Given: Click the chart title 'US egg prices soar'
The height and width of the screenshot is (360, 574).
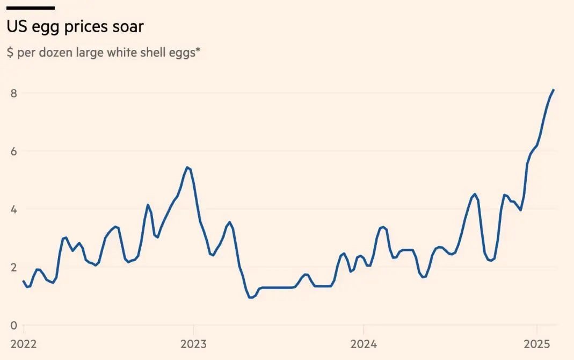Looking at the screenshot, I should point(75,26).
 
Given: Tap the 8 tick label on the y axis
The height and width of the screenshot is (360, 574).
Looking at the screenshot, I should point(13,93).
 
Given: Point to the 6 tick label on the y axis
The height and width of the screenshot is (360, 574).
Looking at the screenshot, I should point(13,151).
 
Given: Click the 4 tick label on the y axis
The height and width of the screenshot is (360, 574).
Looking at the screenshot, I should point(13,209).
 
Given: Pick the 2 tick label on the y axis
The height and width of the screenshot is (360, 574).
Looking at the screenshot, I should point(13,267).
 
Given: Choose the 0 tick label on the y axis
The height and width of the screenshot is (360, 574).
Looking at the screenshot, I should point(13,325).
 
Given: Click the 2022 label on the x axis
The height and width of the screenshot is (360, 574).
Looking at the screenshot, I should point(24,344).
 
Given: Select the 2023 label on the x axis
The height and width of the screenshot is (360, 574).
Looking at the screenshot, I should point(193,344).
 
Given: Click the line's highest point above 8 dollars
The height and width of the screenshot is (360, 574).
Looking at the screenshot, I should point(554,90).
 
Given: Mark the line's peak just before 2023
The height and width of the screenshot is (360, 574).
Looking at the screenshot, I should point(187,167).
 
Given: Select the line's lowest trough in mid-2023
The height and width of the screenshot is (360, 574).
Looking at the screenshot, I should point(251,297).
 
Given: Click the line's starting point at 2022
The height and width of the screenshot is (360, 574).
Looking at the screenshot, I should point(24,281).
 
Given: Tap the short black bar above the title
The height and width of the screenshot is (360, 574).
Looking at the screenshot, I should point(31,8).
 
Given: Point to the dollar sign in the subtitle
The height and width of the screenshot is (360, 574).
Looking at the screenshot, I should point(10,54).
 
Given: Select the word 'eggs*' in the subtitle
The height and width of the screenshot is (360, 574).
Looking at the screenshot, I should point(185,54).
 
